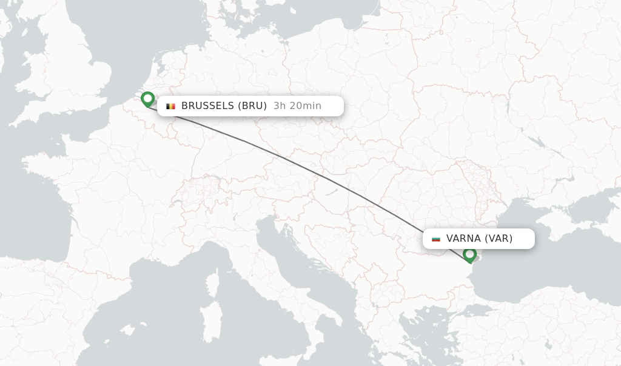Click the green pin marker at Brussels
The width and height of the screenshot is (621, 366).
coord(147,99)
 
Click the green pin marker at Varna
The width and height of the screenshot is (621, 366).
coord(469,255)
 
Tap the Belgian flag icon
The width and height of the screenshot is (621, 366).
coord(171,106)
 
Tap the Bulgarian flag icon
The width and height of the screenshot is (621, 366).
coord(436,239)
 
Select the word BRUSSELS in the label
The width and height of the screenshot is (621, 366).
coord(207,106)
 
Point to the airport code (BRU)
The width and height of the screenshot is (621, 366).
coord(252,106)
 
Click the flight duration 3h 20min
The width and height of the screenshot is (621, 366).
coord(297,106)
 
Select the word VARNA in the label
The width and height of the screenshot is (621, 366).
coord(463,239)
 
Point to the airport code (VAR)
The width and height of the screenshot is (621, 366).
coord(498,239)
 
